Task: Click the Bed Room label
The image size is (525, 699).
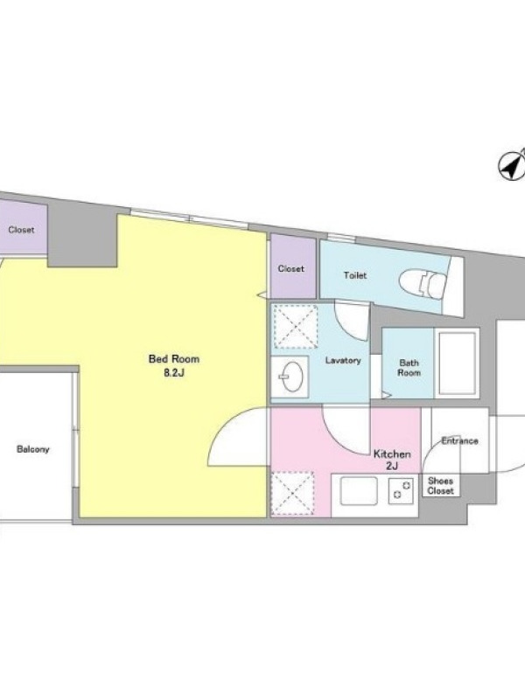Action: tap(174, 359)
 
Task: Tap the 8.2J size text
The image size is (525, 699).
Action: tap(173, 373)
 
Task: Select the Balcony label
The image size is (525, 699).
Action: tap(33, 449)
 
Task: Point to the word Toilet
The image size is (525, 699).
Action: tap(355, 275)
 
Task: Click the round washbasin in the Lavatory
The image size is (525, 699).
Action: tap(292, 377)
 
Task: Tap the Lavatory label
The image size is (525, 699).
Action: tap(343, 360)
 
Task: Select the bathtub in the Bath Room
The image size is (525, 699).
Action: tap(457, 363)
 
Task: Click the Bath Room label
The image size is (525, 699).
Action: tap(409, 368)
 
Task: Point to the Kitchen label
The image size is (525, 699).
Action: tap(392, 454)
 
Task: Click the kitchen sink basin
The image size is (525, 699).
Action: tap(359, 491)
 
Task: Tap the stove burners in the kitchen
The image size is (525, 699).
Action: tap(401, 491)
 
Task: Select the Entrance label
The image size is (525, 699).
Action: tap(460, 441)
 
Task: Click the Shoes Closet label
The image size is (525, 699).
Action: tap(441, 486)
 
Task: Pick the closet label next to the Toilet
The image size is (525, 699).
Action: tap(291, 269)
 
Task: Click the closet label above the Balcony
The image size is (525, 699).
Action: tap(21, 230)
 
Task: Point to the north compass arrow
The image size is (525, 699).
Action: tap(512, 166)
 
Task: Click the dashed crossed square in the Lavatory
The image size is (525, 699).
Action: tap(295, 327)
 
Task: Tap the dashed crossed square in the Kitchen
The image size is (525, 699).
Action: tap(292, 494)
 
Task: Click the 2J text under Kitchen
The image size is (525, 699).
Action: tap(392, 467)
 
